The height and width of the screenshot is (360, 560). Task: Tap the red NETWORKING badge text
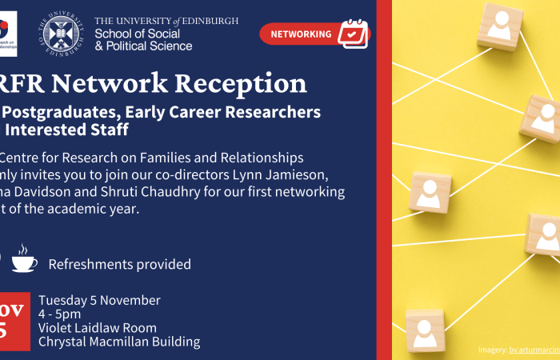click(x=301, y=34)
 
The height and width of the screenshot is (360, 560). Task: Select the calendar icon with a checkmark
click(x=352, y=34)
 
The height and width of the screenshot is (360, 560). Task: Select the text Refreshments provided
click(x=120, y=264)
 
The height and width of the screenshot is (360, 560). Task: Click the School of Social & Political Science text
click(x=143, y=39)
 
